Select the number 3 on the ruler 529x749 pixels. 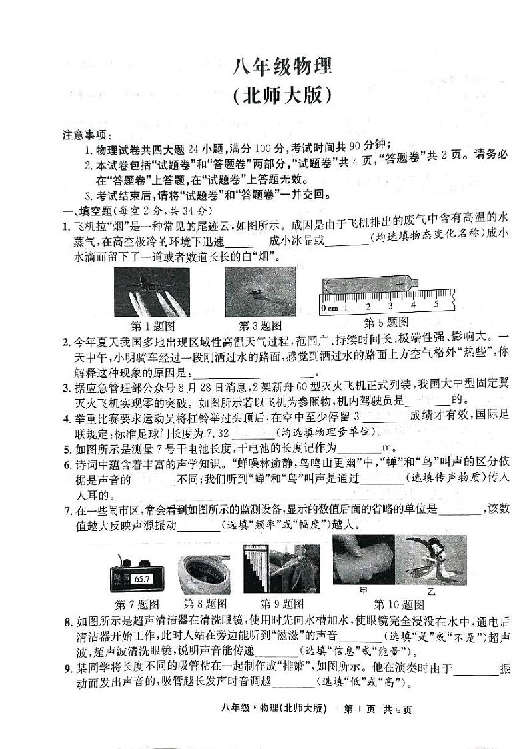pyautogui.click(x=390, y=307)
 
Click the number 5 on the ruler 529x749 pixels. pyautogui.click(x=436, y=305)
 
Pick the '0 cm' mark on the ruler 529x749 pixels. pyautogui.click(x=329, y=308)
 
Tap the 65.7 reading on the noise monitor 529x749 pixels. pyautogui.click(x=143, y=560)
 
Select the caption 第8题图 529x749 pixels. pyautogui.click(x=205, y=604)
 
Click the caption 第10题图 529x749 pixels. pyautogui.click(x=398, y=604)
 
